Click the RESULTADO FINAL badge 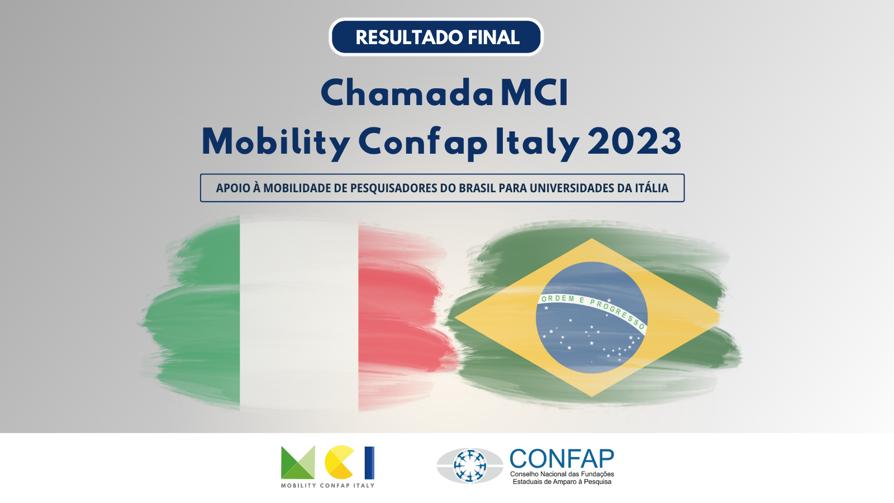436,37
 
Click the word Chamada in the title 407,93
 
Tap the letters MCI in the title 535,93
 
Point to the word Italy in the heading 537,143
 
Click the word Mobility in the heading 276,143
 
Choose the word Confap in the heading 423,143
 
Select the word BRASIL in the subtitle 477,188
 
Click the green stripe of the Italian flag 196,315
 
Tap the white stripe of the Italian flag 299,315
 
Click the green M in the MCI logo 298,462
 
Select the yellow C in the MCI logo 339,462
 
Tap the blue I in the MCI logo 369,463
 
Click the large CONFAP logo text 562,458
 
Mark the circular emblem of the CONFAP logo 470,466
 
